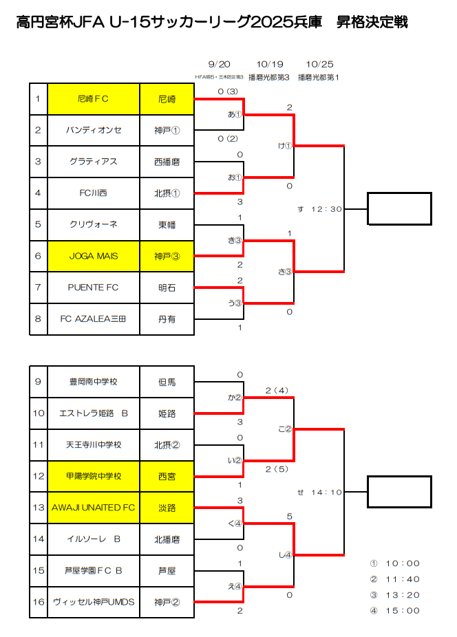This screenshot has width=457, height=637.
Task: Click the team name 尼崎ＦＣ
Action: (x=93, y=98)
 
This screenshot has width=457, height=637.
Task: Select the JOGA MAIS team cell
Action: (x=93, y=256)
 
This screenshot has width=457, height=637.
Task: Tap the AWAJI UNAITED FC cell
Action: (x=93, y=508)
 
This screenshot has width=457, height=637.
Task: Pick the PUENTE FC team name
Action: (x=93, y=288)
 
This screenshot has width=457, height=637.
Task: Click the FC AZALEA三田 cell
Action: (x=93, y=318)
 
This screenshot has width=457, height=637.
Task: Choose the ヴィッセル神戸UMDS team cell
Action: (x=93, y=602)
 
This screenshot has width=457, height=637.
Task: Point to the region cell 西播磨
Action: (x=167, y=162)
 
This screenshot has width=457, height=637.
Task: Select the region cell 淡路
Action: (x=167, y=508)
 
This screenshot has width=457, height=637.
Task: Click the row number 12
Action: (x=39, y=476)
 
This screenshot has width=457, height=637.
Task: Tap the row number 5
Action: (x=39, y=224)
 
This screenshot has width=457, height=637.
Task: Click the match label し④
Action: (x=285, y=554)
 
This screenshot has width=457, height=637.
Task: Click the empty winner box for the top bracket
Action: (x=399, y=208)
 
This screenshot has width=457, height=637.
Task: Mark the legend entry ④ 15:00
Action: (x=395, y=610)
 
